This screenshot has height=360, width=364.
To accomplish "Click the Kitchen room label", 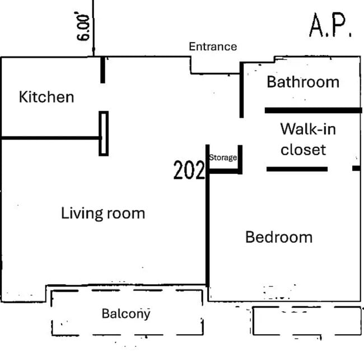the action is (x=46, y=97).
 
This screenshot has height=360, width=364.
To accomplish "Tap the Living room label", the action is (x=103, y=213).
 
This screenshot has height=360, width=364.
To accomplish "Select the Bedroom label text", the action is (x=279, y=237).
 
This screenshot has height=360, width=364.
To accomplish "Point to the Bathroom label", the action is (x=303, y=82).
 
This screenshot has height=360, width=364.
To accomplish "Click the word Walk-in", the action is (x=308, y=129).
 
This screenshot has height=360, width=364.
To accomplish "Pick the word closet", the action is (x=303, y=149).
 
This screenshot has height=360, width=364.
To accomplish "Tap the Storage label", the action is (x=223, y=158).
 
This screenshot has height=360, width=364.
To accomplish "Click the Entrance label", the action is (x=213, y=47).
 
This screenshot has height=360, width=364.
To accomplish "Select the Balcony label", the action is (x=126, y=314).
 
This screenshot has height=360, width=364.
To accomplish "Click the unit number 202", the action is (x=189, y=170).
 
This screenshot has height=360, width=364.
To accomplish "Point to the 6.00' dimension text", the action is (x=83, y=27).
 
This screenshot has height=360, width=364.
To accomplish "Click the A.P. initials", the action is (x=330, y=25).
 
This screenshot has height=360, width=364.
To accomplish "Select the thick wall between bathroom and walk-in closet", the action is (x=314, y=110).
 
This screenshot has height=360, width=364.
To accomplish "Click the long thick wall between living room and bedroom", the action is (x=208, y=216).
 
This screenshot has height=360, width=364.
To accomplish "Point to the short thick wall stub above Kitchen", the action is (x=102, y=70).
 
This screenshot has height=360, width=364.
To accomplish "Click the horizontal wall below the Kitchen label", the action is (x=51, y=138).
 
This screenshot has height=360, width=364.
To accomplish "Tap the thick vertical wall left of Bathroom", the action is (x=241, y=90).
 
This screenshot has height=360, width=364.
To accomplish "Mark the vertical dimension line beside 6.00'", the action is (x=94, y=28).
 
